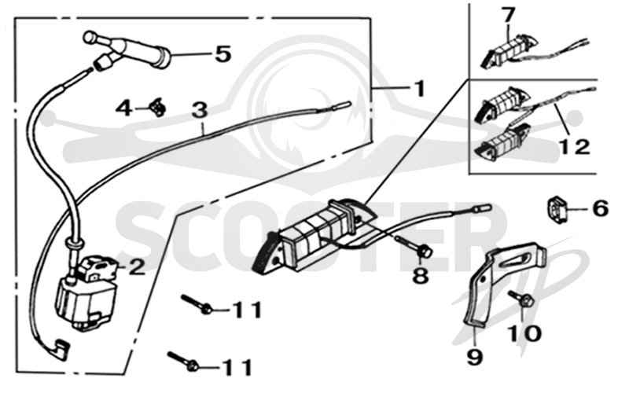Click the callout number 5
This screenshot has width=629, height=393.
click(x=223, y=53)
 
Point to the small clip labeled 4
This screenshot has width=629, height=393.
click(x=157, y=108)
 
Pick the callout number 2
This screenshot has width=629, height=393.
click(x=137, y=266)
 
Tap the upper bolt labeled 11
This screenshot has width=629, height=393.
click(x=197, y=304)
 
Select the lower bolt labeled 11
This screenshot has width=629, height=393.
click(x=183, y=359)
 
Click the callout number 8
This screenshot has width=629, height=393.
click(x=421, y=276)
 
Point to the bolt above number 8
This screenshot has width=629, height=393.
click(x=414, y=246)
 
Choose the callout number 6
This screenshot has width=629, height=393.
click(x=601, y=209)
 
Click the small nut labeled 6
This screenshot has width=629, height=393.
click(x=557, y=209)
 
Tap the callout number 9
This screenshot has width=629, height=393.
click(x=475, y=357)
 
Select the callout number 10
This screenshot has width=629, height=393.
click(x=524, y=333)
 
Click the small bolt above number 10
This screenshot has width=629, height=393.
click(x=521, y=299)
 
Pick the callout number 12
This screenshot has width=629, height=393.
click(x=575, y=147)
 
